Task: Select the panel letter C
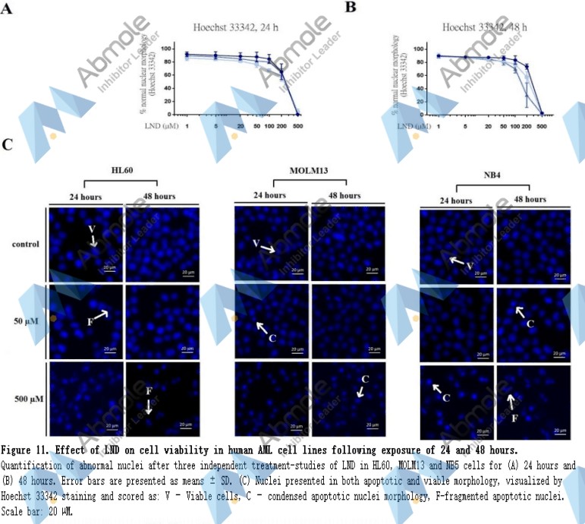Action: click(x=8, y=144)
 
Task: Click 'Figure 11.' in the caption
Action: click(x=30, y=451)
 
